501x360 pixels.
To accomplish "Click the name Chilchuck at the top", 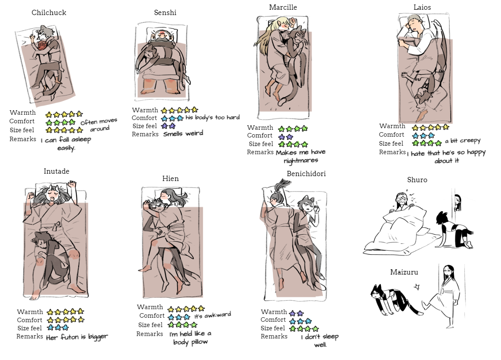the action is (x=49, y=13).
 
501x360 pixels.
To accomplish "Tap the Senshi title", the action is (x=165, y=13).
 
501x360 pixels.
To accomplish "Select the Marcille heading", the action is (x=283, y=7).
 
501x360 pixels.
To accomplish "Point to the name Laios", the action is (x=422, y=7).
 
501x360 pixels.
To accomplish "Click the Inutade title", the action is (x=57, y=171).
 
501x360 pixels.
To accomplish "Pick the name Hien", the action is (x=170, y=179).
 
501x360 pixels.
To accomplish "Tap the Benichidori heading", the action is (x=306, y=174).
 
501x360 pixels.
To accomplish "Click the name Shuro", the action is (x=417, y=180).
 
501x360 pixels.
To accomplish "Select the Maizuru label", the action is (x=404, y=272).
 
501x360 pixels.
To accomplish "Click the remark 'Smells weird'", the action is (x=183, y=133).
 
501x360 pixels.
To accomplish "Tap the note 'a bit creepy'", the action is (x=463, y=141).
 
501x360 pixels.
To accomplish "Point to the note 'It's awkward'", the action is (x=213, y=315).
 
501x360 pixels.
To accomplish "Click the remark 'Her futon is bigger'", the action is (x=77, y=337).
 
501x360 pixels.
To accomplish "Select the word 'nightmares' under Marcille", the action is (x=301, y=161).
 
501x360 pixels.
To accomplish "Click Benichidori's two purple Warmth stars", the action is (x=296, y=313).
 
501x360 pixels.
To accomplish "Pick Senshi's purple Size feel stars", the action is (x=168, y=126).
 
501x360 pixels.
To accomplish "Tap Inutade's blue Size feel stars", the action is (x=58, y=327).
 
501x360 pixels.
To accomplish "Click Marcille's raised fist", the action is (x=293, y=22).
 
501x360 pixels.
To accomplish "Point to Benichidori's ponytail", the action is (x=281, y=186).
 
